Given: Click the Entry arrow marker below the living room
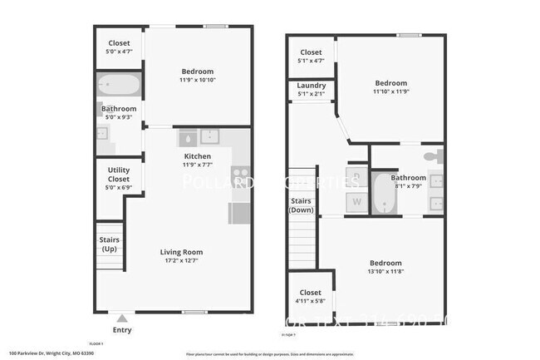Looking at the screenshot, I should pos(122,318).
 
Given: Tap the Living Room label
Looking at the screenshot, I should pos(180,252).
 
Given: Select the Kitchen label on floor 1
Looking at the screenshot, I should pos(197,156).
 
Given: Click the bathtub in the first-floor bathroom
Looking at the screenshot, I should pos(120,86).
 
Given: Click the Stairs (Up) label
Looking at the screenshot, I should pos(109,244).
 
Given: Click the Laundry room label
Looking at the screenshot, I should pos(311,85).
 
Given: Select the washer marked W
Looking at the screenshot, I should pos(357,201).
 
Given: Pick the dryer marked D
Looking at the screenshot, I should pos(357,176).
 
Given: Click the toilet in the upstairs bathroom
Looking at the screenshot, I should pos(430,155).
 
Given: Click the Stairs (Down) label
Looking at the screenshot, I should pos(301,205).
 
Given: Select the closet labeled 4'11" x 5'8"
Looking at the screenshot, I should pos(310,297).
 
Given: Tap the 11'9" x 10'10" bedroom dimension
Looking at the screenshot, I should pos(197,81).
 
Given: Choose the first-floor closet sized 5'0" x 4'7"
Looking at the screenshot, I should pos(119,48).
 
